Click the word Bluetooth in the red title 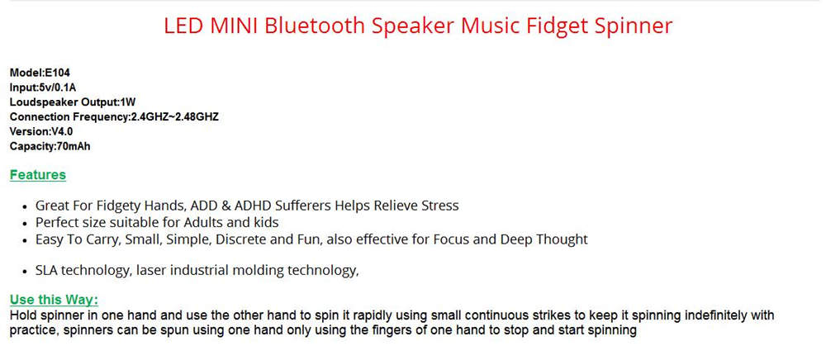coord(315,26)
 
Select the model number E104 coord(58,73)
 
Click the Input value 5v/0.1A coord(58,88)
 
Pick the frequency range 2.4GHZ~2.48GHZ coord(174,117)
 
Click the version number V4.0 coord(62,131)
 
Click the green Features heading coord(38,175)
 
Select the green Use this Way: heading coord(54,300)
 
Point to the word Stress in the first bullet coord(441,206)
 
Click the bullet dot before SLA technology coord(26,272)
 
